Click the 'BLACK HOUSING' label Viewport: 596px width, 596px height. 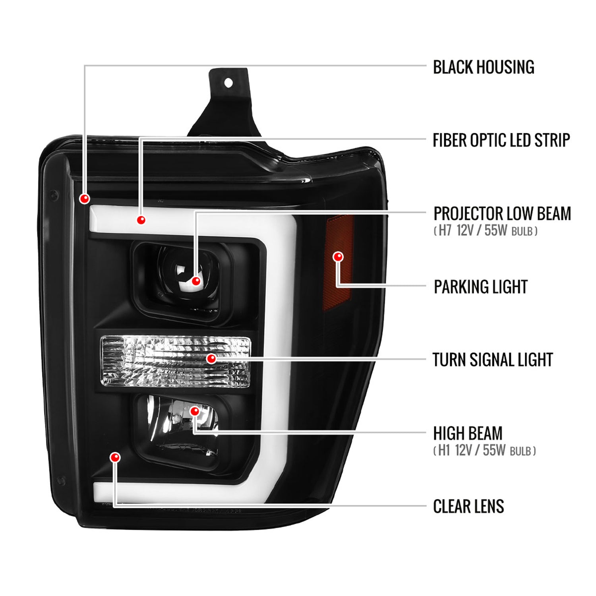[483, 67]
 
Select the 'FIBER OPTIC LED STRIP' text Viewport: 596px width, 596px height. [501, 140]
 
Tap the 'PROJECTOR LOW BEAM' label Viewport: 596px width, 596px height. [502, 214]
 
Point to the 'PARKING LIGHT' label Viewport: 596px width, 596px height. [480, 287]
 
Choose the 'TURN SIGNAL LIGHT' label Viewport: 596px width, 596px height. [492, 360]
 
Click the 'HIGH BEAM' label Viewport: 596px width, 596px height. [468, 433]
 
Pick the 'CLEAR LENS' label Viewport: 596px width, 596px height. [468, 507]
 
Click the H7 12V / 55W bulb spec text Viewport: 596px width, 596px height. [485, 231]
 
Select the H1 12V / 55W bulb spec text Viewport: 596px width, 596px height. [484, 451]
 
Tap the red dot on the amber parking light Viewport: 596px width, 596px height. [338, 257]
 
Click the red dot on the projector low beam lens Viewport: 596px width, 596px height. [196, 281]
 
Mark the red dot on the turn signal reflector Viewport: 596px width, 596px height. [211, 359]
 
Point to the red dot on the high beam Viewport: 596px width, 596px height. [195, 411]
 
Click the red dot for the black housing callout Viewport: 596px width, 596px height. [85, 198]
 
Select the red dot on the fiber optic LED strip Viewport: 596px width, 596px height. [141, 220]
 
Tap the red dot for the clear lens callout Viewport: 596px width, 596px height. [115, 457]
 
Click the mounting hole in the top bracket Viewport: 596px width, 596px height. [228, 83]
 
